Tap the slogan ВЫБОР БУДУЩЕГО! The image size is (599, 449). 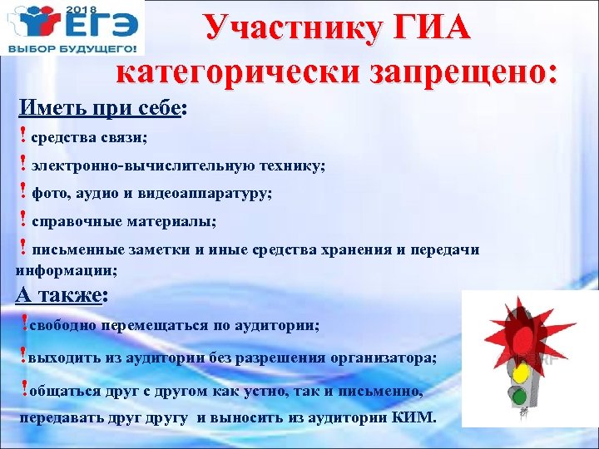(72, 49)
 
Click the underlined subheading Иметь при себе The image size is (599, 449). (100, 108)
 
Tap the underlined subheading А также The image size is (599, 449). (58, 296)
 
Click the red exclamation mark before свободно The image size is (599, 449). (23, 323)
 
